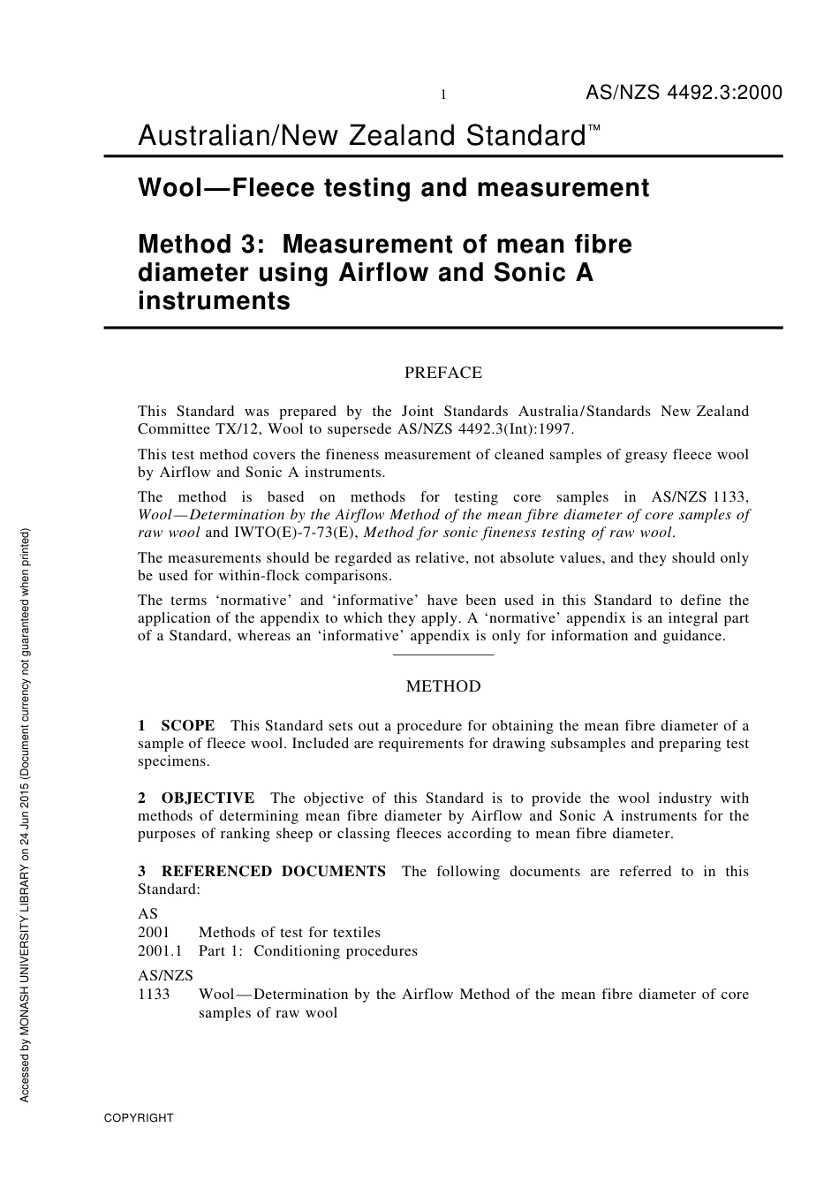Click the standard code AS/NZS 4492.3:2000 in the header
pos(684,93)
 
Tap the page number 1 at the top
pos(442,95)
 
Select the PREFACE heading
pos(443,373)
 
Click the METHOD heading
pos(443,686)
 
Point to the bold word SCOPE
pos(187,725)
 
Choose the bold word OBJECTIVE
pos(208,798)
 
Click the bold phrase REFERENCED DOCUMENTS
pos(273,871)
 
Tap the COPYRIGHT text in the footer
pos(139,1117)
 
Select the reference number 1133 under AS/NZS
pos(154,994)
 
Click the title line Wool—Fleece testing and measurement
pos(393,188)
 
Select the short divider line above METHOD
pos(443,655)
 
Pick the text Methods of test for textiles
pos(290,932)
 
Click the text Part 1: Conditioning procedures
pos(308,950)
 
